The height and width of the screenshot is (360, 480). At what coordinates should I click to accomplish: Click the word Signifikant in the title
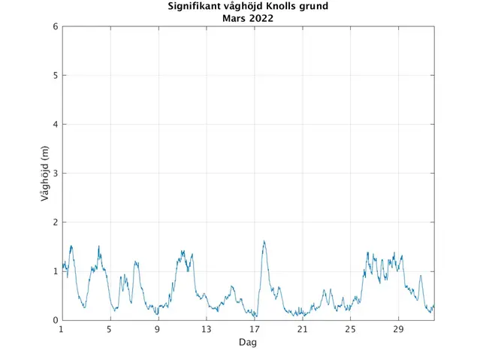point(194,7)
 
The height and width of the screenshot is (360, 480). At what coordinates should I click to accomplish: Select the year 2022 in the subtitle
point(261,18)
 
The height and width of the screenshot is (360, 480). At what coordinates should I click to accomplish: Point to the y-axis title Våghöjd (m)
point(44,174)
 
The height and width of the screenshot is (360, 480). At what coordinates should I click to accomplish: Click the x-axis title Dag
point(248,342)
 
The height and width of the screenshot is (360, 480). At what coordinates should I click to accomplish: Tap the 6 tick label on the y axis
point(55,26)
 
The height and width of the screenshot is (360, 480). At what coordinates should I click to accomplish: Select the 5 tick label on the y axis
point(55,75)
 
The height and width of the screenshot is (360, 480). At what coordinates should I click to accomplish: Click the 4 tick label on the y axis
point(55,124)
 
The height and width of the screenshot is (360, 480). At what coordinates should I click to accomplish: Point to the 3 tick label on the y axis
point(55,174)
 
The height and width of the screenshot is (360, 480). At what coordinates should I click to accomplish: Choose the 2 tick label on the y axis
point(55,222)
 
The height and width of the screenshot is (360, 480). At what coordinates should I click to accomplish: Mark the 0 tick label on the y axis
point(55,320)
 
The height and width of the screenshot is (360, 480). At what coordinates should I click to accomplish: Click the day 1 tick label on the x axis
point(62,329)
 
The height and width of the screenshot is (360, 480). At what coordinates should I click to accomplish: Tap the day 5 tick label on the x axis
point(110,329)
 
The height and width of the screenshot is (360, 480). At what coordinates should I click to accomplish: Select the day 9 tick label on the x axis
point(158,329)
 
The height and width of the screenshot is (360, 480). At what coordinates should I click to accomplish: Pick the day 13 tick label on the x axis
point(206,329)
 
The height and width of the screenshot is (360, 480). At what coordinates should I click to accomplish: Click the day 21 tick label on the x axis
point(302,329)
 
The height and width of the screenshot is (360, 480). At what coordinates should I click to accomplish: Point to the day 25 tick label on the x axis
point(350,329)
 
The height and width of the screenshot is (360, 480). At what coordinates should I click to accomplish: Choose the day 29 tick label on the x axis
point(398,329)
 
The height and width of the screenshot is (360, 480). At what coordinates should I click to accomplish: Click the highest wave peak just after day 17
point(264,241)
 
